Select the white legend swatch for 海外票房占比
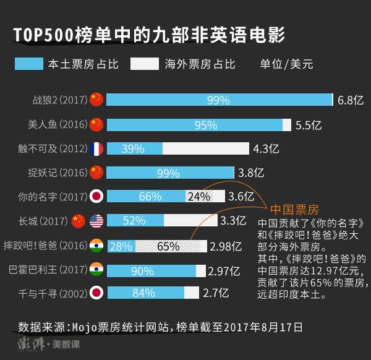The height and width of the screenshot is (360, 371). [144, 63]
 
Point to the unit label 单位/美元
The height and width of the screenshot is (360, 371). [286, 63]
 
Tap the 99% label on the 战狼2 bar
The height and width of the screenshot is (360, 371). [218, 100]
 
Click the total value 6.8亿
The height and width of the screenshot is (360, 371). [350, 100]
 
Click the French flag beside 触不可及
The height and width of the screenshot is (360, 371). [96, 148]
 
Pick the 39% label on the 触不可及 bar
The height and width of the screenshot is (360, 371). [133, 148]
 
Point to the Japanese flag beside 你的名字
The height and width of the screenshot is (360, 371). [96, 197]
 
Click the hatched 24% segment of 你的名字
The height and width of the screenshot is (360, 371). [199, 197]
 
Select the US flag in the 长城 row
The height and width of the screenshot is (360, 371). [96, 221]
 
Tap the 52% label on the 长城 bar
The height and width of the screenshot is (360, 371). [134, 221]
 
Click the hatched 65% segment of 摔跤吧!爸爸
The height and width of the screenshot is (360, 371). [169, 246]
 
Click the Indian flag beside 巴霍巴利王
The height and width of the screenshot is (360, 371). [96, 270]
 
